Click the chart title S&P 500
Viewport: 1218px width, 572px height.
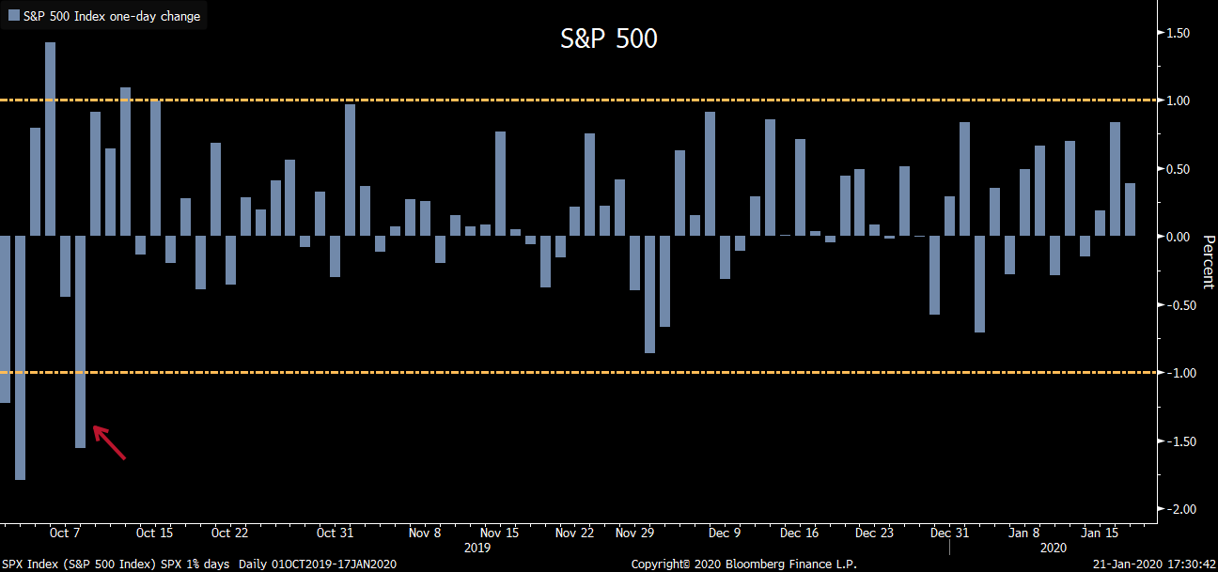[609, 39]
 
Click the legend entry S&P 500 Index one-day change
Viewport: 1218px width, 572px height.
[111, 16]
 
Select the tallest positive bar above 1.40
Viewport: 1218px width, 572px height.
[51, 139]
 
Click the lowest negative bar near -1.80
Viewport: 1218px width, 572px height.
[20, 357]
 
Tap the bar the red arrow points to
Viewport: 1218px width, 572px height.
[80, 342]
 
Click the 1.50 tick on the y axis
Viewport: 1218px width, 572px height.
[1178, 33]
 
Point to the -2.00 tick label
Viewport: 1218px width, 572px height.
[1176, 509]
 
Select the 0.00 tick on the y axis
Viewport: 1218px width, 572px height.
[1178, 237]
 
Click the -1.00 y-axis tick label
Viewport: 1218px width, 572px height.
[1176, 373]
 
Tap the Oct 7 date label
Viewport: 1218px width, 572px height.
[66, 533]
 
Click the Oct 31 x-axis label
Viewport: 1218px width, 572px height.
[334, 533]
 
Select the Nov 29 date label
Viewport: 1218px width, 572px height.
[634, 533]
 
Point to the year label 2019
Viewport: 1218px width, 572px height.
[477, 547]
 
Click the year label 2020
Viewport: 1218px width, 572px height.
[1053, 547]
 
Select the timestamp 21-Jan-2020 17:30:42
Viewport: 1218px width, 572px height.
[1153, 564]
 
